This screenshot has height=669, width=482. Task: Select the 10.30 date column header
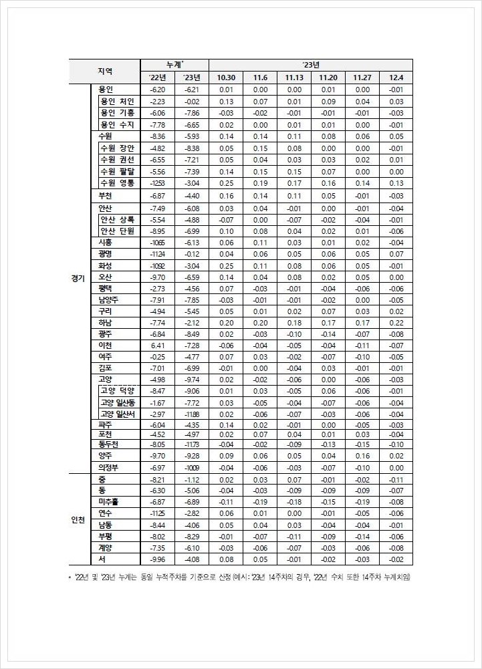225,78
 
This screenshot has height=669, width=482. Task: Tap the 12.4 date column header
396,78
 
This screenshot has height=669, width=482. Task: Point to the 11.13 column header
294,78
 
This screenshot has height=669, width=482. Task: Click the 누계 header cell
174,65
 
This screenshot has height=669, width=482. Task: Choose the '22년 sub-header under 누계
157,78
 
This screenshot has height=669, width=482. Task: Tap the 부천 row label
106,196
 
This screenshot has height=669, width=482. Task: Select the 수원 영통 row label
116,182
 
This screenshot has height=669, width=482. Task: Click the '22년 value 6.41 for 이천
157,345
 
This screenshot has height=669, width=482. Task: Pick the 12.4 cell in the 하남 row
396,322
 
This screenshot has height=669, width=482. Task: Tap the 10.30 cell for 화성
225,265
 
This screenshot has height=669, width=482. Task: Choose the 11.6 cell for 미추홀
260,501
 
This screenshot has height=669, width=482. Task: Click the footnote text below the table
241,577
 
